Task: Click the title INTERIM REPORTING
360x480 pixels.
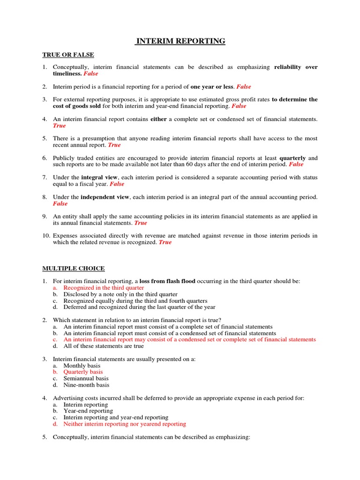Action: (x=180, y=41)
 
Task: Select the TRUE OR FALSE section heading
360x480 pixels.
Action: (x=68, y=55)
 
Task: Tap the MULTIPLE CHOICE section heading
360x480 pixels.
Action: (x=74, y=268)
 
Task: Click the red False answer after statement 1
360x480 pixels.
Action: (x=91, y=74)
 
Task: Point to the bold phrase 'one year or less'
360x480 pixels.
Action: (x=212, y=87)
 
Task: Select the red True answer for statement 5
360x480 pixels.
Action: (x=114, y=145)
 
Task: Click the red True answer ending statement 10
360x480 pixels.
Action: (x=165, y=242)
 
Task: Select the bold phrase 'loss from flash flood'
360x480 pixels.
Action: (x=167, y=281)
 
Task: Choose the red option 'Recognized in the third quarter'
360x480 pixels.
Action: (x=104, y=288)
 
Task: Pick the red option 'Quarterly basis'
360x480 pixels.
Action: (x=83, y=372)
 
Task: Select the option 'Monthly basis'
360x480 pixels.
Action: (x=82, y=366)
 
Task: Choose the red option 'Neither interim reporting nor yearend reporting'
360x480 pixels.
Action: (x=125, y=424)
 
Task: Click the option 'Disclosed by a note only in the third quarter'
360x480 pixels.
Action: (x=120, y=294)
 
